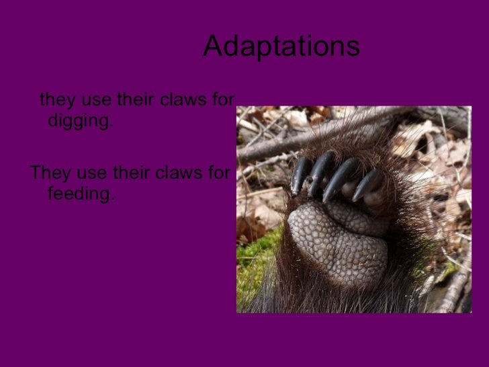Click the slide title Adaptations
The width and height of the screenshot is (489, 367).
tap(281, 46)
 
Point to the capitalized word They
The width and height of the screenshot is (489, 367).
tap(51, 173)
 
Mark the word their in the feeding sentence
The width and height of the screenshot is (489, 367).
tap(132, 173)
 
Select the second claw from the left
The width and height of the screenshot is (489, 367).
tap(320, 172)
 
